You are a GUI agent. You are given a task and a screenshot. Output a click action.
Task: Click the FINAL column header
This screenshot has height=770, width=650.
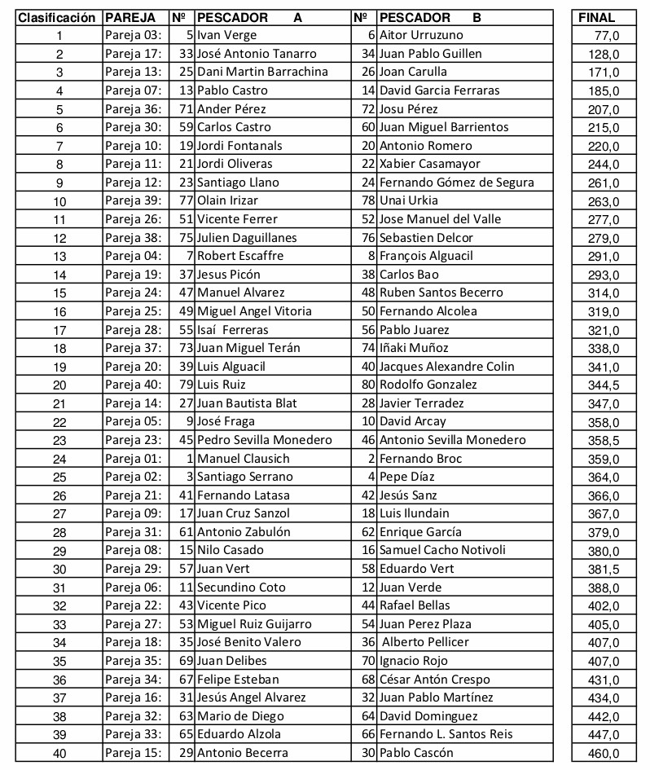[596, 17]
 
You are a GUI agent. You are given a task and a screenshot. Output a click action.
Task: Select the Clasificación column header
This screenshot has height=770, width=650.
[58, 17]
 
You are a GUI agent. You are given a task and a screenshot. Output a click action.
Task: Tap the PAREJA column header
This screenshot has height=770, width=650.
[130, 17]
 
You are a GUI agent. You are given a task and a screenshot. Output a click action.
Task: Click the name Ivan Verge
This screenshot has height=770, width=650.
[226, 35]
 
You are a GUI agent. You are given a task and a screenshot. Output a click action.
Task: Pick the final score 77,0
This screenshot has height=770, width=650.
[608, 35]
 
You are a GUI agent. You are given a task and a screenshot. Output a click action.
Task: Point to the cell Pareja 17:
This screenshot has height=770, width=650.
[134, 54]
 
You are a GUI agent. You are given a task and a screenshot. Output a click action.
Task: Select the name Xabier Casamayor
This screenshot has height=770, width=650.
[430, 164]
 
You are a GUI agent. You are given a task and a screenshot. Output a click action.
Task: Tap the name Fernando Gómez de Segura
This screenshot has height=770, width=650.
[456, 183]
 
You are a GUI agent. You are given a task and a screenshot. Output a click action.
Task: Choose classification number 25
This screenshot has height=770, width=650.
[59, 477]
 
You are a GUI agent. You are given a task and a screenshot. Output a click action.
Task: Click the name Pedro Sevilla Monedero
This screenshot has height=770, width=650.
[265, 440]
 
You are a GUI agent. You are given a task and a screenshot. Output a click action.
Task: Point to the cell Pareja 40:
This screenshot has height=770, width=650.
[134, 385]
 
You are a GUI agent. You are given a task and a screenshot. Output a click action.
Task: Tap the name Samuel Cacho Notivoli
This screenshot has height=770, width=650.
[442, 550]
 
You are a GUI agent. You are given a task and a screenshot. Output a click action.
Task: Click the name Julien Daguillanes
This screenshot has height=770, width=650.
[247, 238]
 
